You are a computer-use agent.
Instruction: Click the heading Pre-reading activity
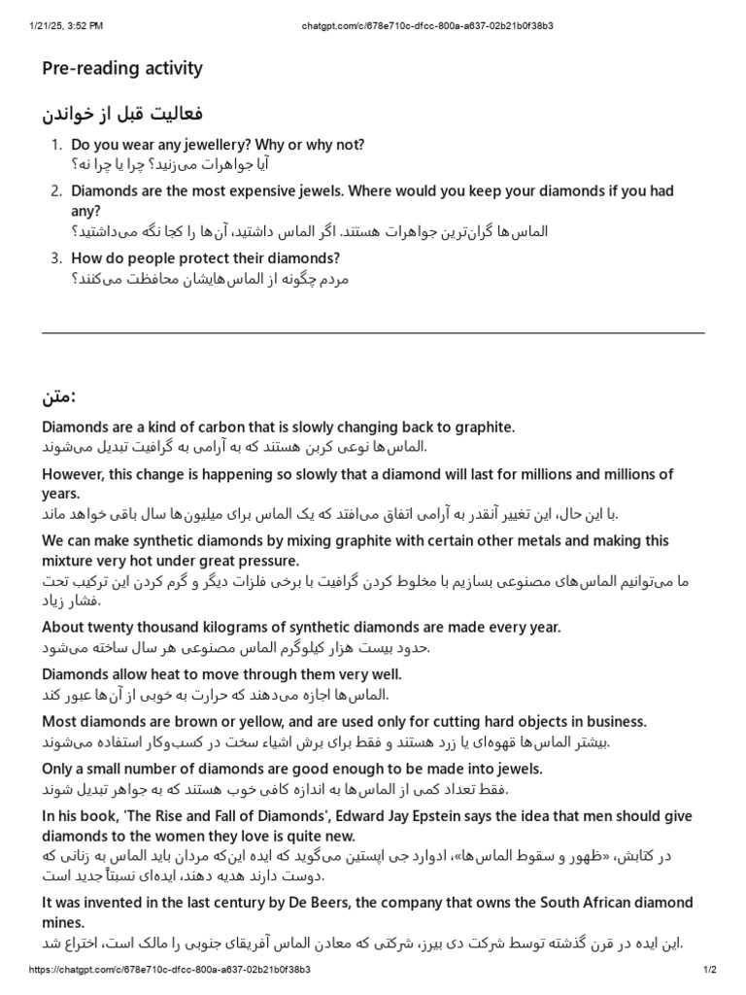(122, 68)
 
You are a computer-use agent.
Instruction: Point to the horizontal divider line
(373, 333)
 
